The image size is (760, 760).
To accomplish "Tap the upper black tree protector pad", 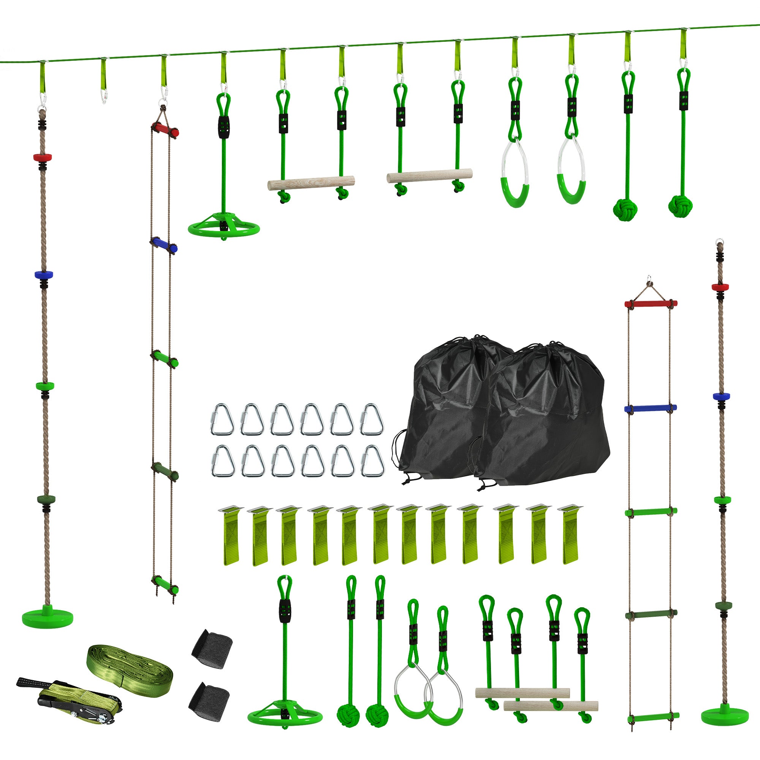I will click(x=212, y=648).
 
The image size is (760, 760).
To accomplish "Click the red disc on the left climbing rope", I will click(x=43, y=157).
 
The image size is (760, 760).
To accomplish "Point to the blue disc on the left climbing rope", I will click(x=43, y=274).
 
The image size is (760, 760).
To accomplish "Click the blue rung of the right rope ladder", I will click(x=650, y=408).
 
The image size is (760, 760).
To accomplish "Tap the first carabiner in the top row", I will click(x=222, y=420).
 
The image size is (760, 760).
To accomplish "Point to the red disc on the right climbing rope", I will click(x=720, y=287).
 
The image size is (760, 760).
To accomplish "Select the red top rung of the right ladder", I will click(x=651, y=303).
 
